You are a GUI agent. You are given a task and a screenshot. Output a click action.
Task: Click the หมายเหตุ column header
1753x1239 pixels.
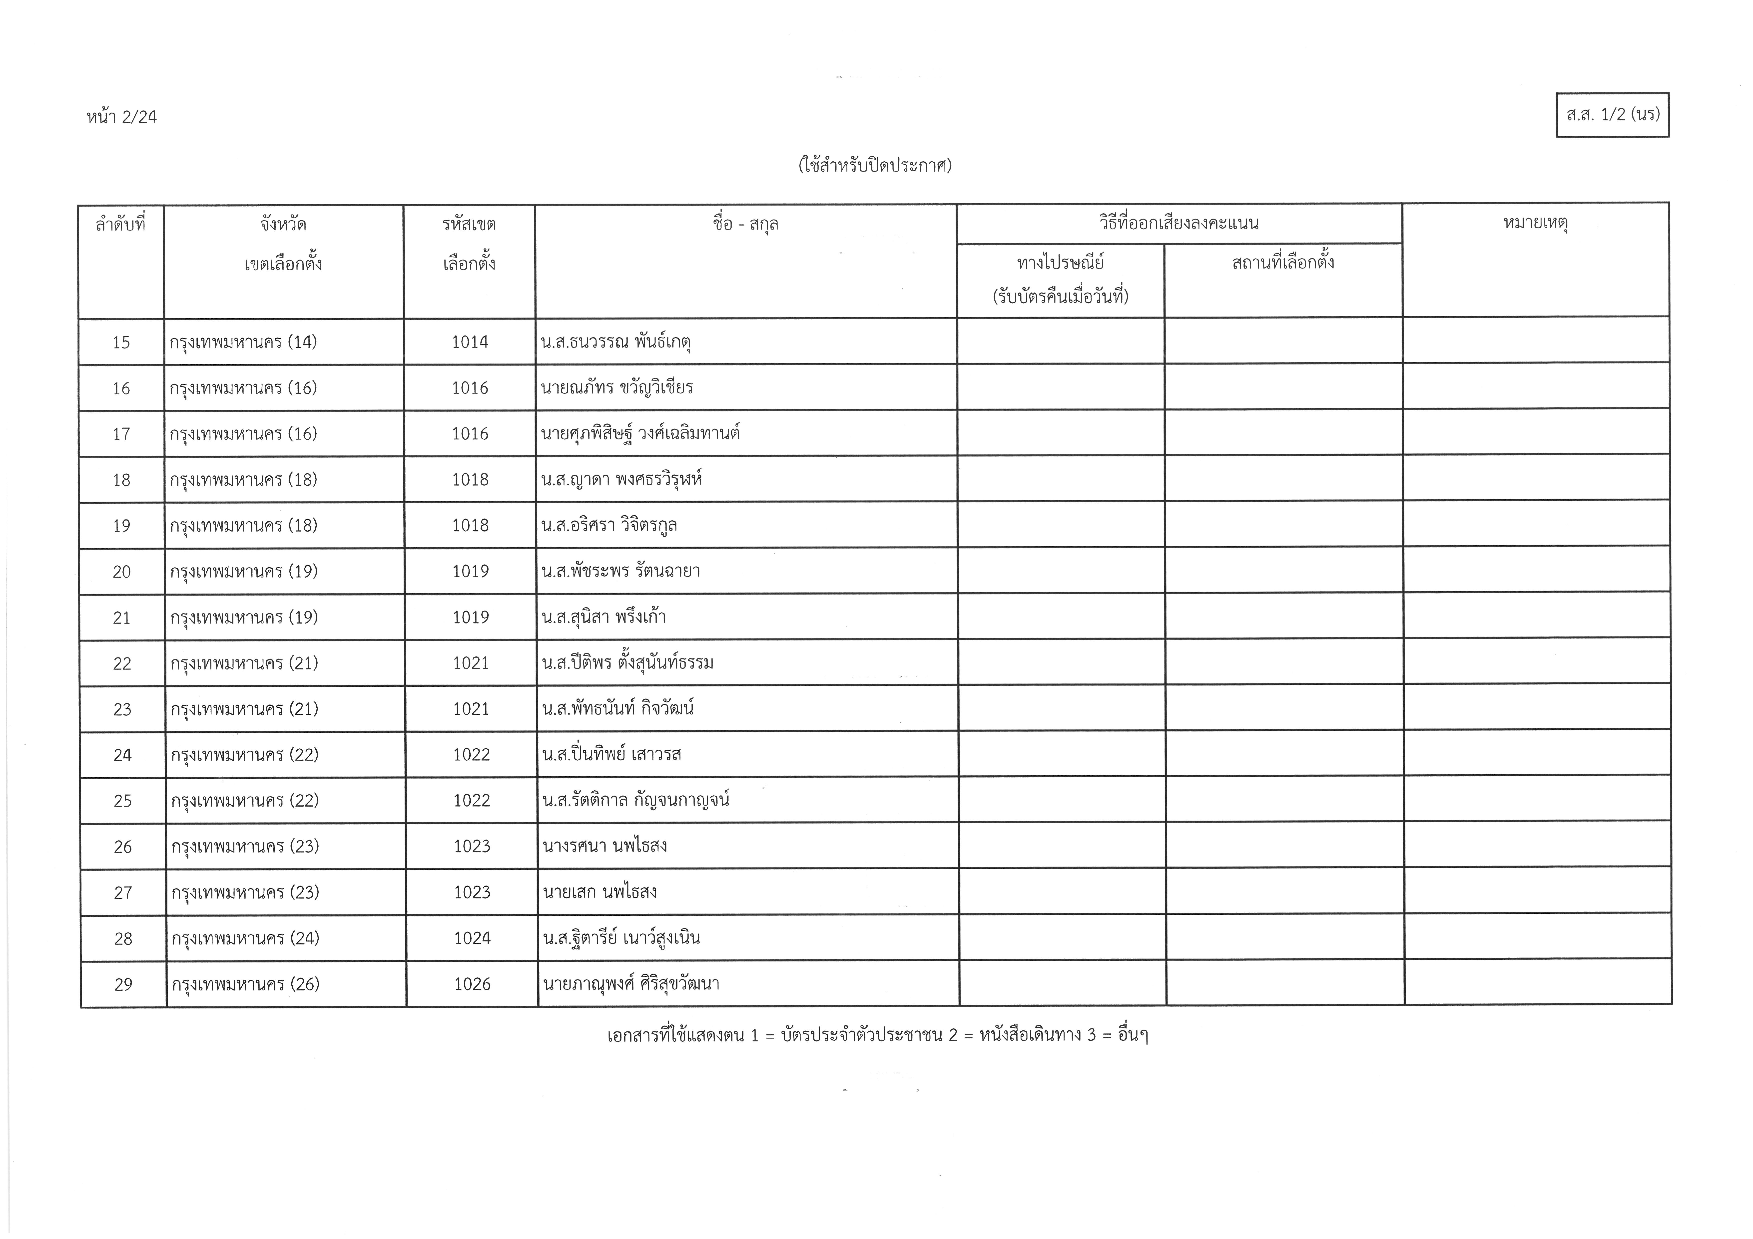click(x=1535, y=223)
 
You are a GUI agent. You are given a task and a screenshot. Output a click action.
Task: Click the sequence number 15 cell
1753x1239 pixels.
click(x=121, y=342)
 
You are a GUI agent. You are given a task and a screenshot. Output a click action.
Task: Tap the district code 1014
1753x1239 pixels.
click(x=470, y=342)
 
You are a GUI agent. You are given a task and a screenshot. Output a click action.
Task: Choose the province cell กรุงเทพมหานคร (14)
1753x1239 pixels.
click(x=244, y=342)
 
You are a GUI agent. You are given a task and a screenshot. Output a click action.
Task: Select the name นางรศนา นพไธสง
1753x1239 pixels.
click(x=605, y=846)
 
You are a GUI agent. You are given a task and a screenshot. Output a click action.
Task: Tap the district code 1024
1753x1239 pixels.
click(x=472, y=938)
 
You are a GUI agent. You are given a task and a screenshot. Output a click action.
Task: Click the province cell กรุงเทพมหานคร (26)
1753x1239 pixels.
click(x=245, y=984)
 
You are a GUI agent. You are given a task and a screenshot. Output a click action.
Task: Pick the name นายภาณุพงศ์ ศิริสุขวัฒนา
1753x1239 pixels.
click(x=631, y=984)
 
